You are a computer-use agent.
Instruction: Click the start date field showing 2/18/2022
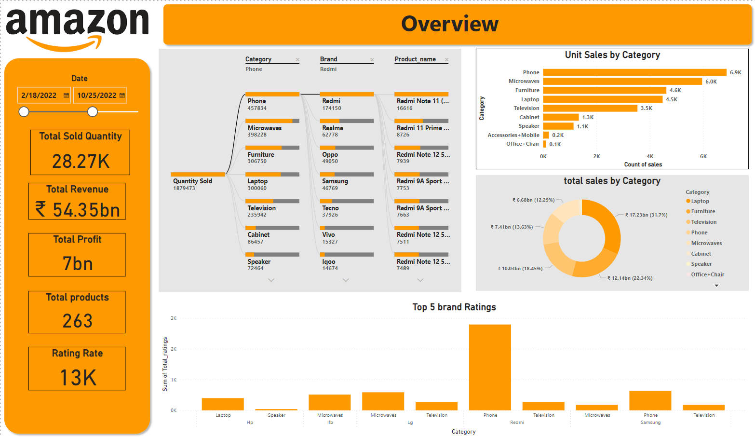(40, 96)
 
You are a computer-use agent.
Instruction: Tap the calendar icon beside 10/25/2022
(122, 96)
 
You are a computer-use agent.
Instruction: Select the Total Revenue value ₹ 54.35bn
(78, 210)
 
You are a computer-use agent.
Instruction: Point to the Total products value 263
(77, 321)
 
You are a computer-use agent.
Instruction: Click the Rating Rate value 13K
(78, 378)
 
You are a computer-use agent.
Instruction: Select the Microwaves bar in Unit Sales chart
(622, 82)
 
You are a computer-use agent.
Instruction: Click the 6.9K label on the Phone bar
(735, 72)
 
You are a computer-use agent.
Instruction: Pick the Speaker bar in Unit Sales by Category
(558, 126)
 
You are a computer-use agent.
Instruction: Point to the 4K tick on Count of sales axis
(650, 156)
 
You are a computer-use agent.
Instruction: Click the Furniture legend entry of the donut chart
(702, 211)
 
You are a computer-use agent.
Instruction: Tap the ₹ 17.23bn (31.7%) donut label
(646, 215)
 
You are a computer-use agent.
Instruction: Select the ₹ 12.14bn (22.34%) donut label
(630, 278)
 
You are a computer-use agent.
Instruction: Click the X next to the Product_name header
(446, 60)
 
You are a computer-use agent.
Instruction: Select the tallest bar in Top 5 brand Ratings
(490, 367)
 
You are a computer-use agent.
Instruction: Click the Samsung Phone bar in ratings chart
(650, 400)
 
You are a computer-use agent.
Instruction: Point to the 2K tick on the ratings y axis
(174, 349)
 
